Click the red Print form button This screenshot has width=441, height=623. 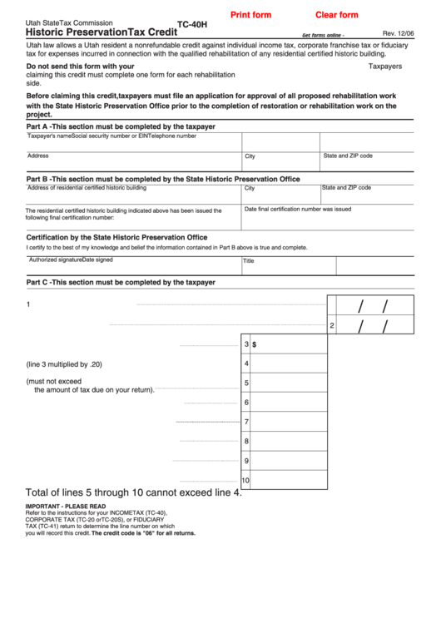pyautogui.click(x=250, y=15)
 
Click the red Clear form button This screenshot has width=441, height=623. pyautogui.click(x=336, y=15)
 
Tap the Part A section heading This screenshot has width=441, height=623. pyautogui.click(x=121, y=126)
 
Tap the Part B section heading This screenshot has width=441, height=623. pyautogui.click(x=163, y=179)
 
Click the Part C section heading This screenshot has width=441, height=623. pyautogui.click(x=121, y=283)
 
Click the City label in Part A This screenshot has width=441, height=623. pyautogui.click(x=273, y=156)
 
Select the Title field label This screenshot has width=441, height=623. pyautogui.click(x=248, y=260)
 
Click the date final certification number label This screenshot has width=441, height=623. pyautogui.click(x=298, y=210)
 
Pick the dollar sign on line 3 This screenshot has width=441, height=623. pyautogui.click(x=255, y=344)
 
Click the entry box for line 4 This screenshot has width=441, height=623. pyautogui.click(x=288, y=363)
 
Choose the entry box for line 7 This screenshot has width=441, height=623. pyautogui.click(x=288, y=422)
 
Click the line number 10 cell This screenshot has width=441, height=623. pyautogui.click(x=245, y=480)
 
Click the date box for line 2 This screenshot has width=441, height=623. pyautogui.click(x=374, y=325)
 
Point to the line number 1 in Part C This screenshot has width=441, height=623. pyautogui.click(x=29, y=304)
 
